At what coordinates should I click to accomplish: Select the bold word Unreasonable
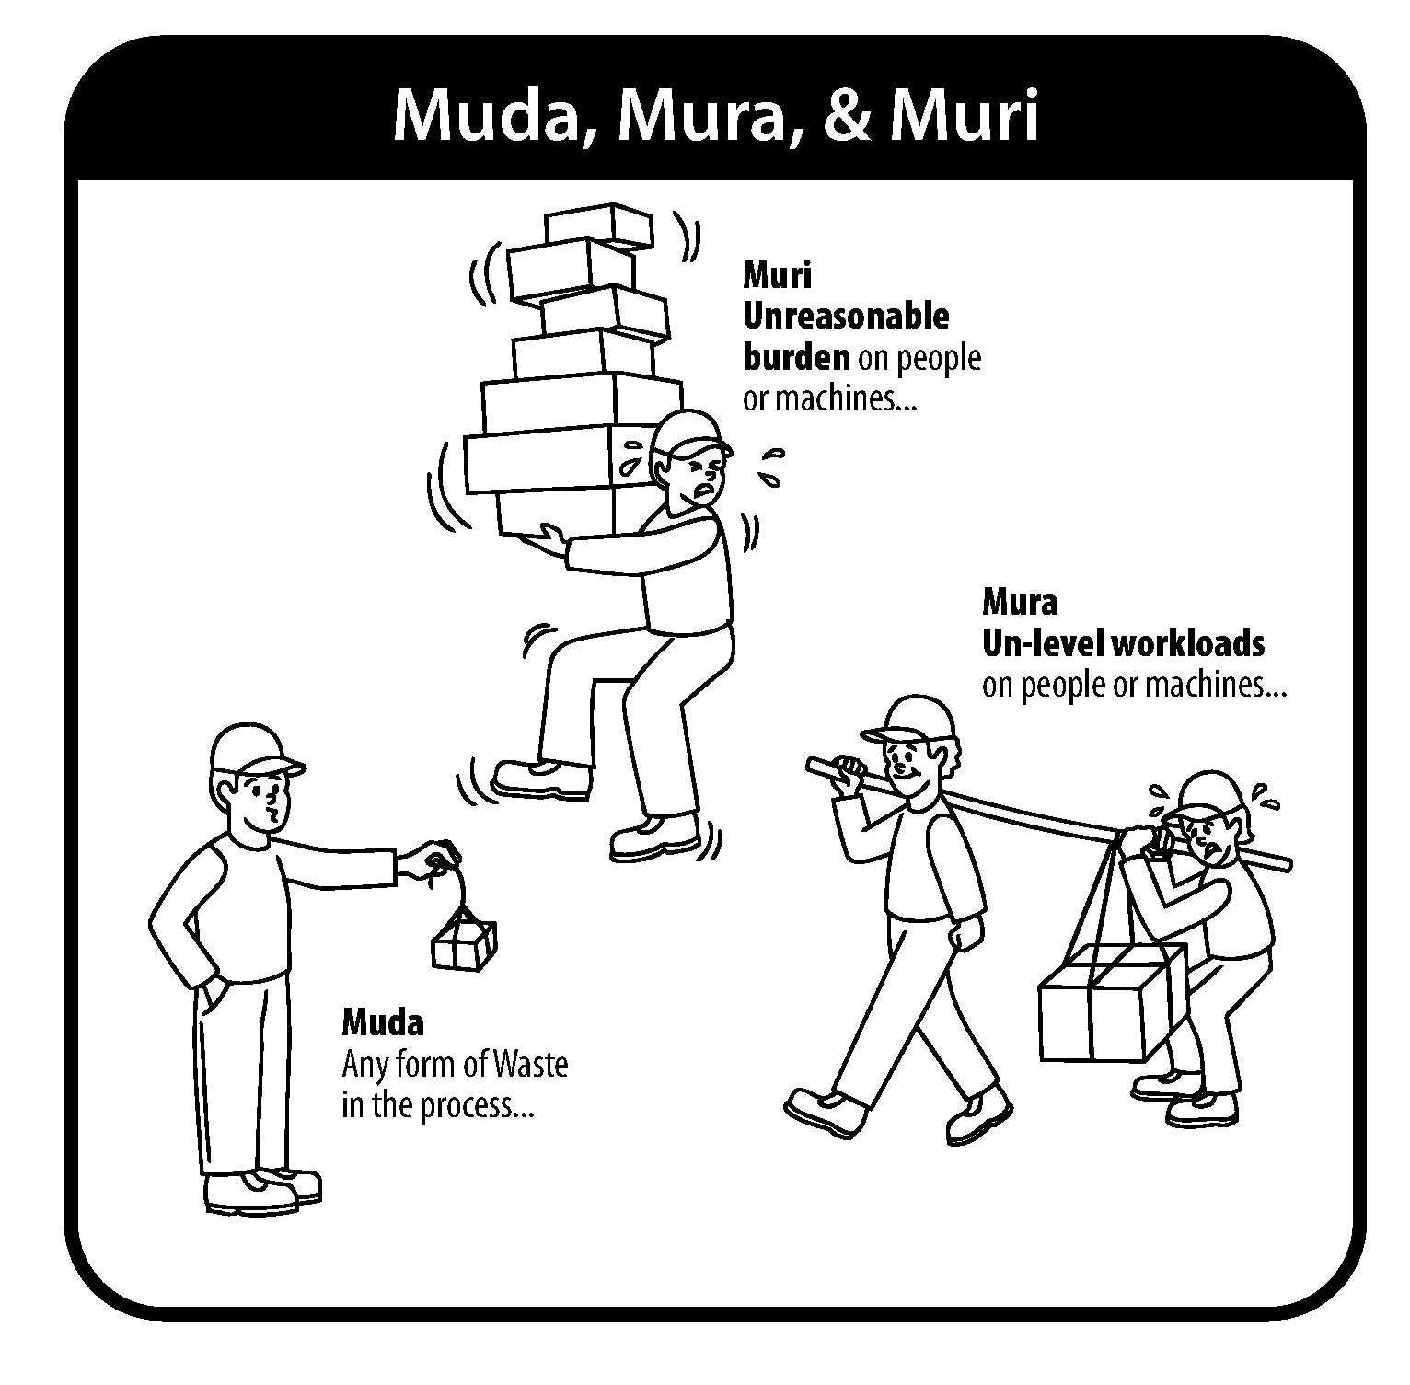(x=846, y=316)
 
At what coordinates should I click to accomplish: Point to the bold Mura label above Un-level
(x=1020, y=602)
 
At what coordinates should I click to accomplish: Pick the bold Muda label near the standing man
(x=383, y=1022)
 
